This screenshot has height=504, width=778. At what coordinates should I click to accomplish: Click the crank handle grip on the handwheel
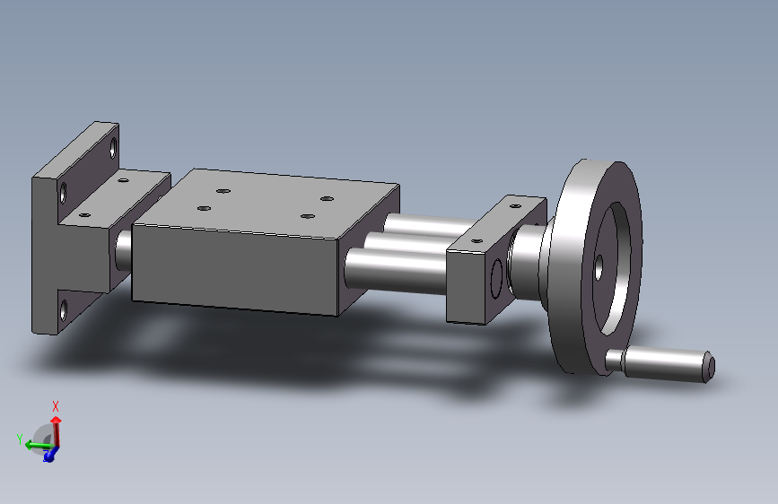point(663,364)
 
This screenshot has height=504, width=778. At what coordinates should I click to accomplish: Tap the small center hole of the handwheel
point(599,268)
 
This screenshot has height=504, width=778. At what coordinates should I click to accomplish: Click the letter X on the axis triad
point(56,407)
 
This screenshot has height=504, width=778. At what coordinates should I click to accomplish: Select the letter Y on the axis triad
point(20,439)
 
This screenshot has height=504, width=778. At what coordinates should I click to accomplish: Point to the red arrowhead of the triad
point(56,421)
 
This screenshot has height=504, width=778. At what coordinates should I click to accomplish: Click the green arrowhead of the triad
point(30,445)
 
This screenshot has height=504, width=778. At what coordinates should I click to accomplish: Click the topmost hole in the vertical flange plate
point(113,147)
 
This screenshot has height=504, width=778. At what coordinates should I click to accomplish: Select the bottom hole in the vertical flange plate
point(64,310)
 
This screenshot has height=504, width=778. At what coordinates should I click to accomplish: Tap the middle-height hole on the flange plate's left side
point(63,193)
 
